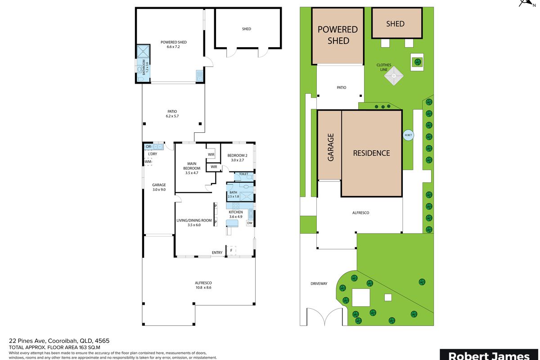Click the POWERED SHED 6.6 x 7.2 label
(x=174, y=45)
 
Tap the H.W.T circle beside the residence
(x=409, y=135)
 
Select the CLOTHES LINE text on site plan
(x=384, y=67)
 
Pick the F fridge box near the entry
(x=231, y=250)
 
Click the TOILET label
(x=243, y=174)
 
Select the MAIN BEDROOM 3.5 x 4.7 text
(x=192, y=168)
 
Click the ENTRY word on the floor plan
(x=217, y=252)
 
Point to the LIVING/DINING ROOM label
(x=194, y=222)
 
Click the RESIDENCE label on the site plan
(x=371, y=153)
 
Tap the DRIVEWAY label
(x=319, y=283)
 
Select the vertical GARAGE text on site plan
(x=330, y=147)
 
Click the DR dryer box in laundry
(x=148, y=146)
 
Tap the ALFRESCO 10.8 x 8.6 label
(x=203, y=285)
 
